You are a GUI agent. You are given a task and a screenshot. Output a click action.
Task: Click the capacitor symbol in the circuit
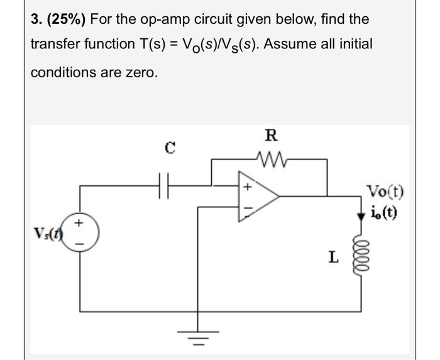[x=168, y=186]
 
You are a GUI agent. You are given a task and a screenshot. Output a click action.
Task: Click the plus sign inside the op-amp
[x=247, y=187]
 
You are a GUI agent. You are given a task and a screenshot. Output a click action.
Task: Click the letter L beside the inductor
[x=333, y=256]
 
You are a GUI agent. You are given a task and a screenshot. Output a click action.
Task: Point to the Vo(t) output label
[x=386, y=192]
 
